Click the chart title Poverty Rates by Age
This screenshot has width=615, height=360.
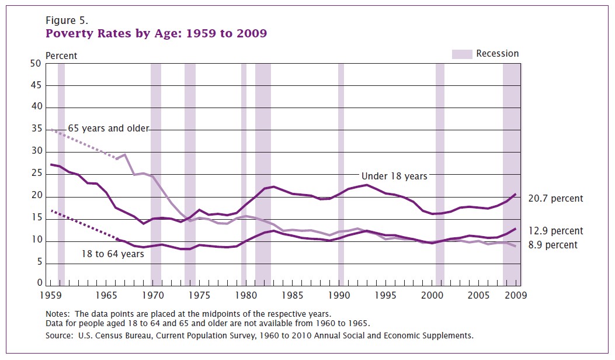coord(156,33)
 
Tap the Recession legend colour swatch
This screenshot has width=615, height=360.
coord(461,54)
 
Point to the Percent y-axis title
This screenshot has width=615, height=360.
coord(61,56)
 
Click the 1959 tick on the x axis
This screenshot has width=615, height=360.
coord(51,296)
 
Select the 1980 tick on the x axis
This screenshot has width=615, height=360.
coord(245,296)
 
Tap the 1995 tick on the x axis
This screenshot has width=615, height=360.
coord(384,296)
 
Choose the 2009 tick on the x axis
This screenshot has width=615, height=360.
coord(514,296)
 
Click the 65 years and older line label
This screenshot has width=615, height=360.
coord(109,128)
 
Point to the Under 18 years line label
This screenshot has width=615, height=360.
coord(394,176)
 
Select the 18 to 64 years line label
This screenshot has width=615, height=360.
coord(113,254)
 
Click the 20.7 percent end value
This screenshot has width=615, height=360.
coord(555,199)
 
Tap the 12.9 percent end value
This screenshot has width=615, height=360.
coord(555,231)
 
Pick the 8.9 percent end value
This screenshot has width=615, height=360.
coord(553,245)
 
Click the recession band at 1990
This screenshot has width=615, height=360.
coord(341,175)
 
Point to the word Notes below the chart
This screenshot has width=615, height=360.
coord(58,314)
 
